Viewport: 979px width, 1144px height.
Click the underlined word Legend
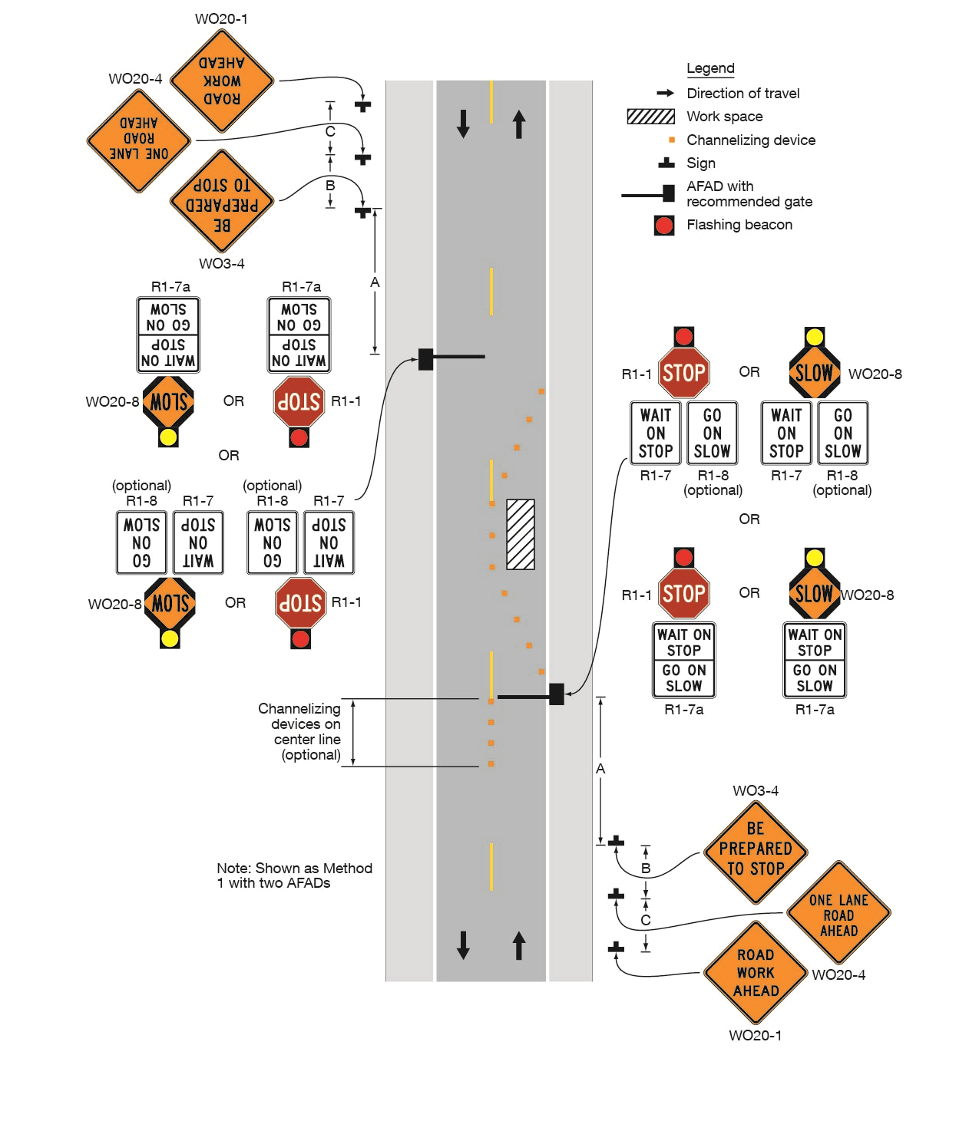[710, 68]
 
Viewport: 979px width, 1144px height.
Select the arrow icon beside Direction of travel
[665, 93]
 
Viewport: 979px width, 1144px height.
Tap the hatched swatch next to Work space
[650, 117]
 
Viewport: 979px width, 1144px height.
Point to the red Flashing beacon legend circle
[664, 225]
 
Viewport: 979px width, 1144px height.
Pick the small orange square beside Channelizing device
[672, 140]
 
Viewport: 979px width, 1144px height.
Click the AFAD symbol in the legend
[650, 193]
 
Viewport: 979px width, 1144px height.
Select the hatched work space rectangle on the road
[521, 535]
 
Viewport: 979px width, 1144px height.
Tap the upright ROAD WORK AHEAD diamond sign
[756, 972]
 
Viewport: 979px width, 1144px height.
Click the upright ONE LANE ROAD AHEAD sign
[838, 914]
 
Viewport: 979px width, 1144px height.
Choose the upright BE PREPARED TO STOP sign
[756, 850]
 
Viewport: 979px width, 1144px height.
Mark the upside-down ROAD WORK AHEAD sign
[222, 81]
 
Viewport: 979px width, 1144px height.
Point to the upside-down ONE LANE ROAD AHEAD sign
[139, 140]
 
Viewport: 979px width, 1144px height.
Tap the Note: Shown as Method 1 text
[294, 875]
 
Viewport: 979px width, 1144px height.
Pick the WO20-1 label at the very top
[221, 18]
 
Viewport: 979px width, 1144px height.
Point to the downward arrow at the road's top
[463, 124]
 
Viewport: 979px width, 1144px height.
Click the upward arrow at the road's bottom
[519, 945]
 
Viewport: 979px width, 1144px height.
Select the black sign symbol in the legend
[666, 163]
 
